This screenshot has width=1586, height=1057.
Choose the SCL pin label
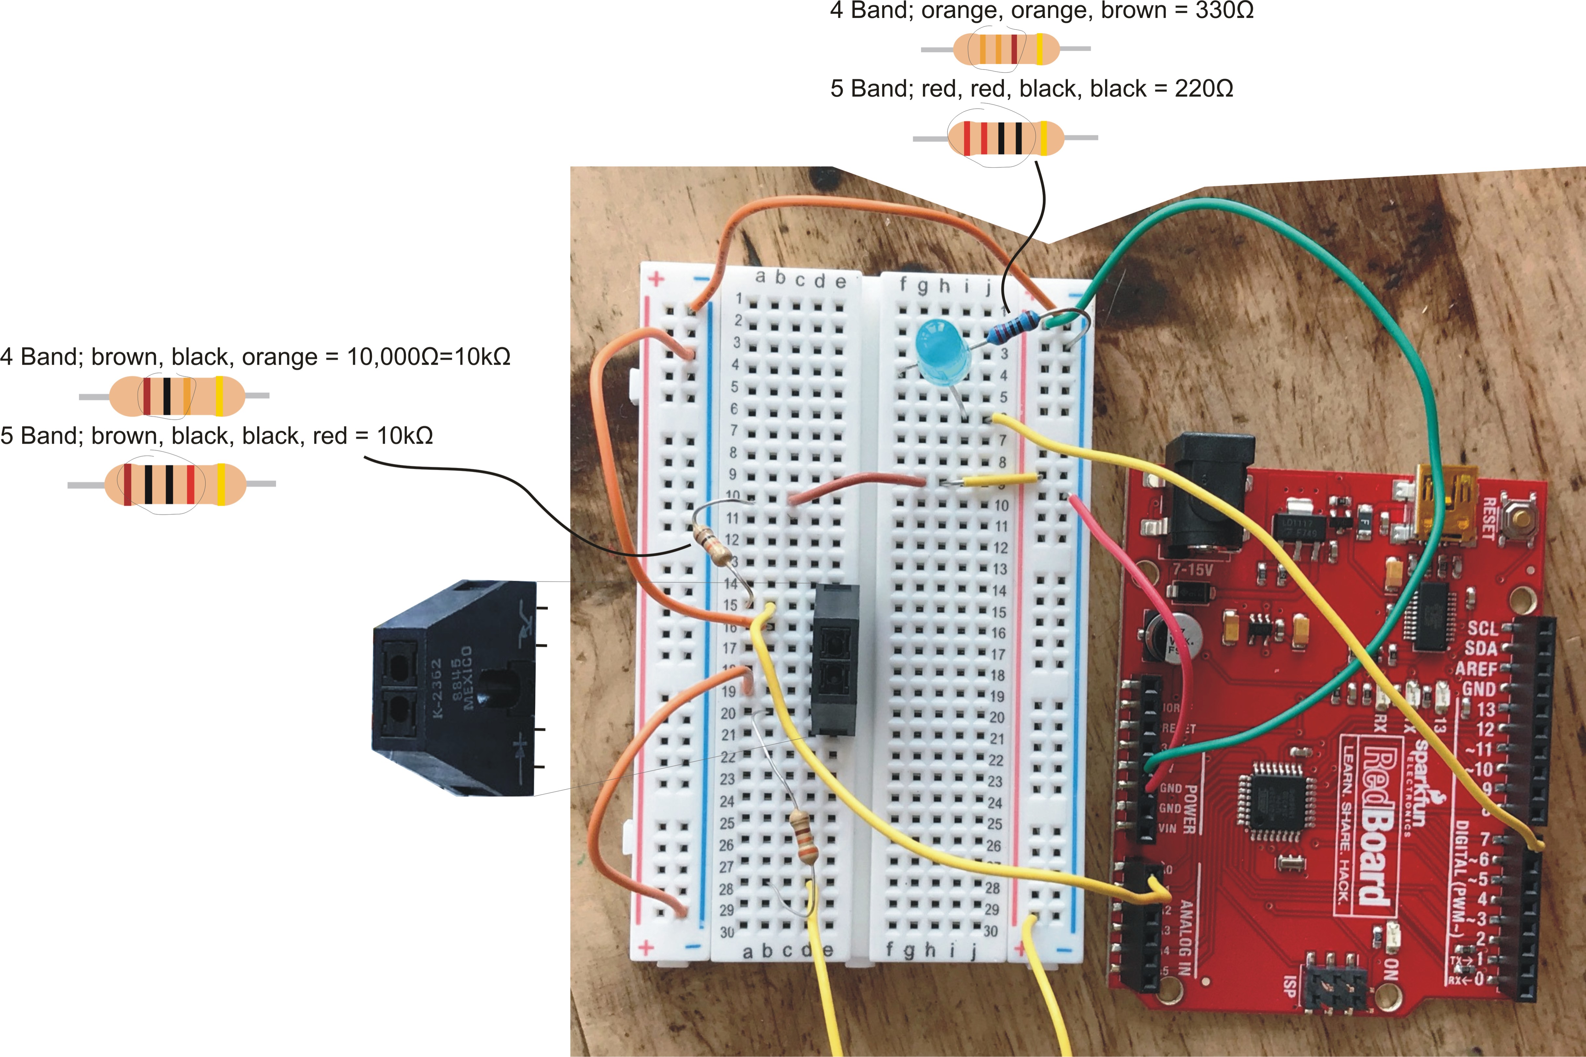pyautogui.click(x=1482, y=628)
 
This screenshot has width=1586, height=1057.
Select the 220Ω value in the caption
pyautogui.click(x=1203, y=89)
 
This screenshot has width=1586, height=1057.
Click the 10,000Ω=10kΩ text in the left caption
pyautogui.click(x=428, y=356)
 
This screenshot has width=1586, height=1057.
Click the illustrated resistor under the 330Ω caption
pyautogui.click(x=1006, y=49)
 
